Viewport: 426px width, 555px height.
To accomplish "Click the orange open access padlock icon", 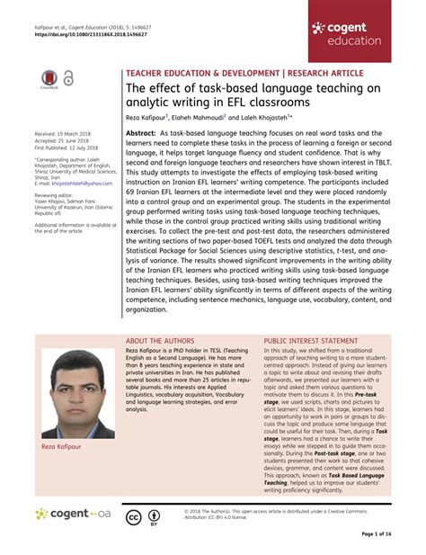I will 68,79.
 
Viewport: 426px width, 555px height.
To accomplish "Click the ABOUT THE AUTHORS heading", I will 162,342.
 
